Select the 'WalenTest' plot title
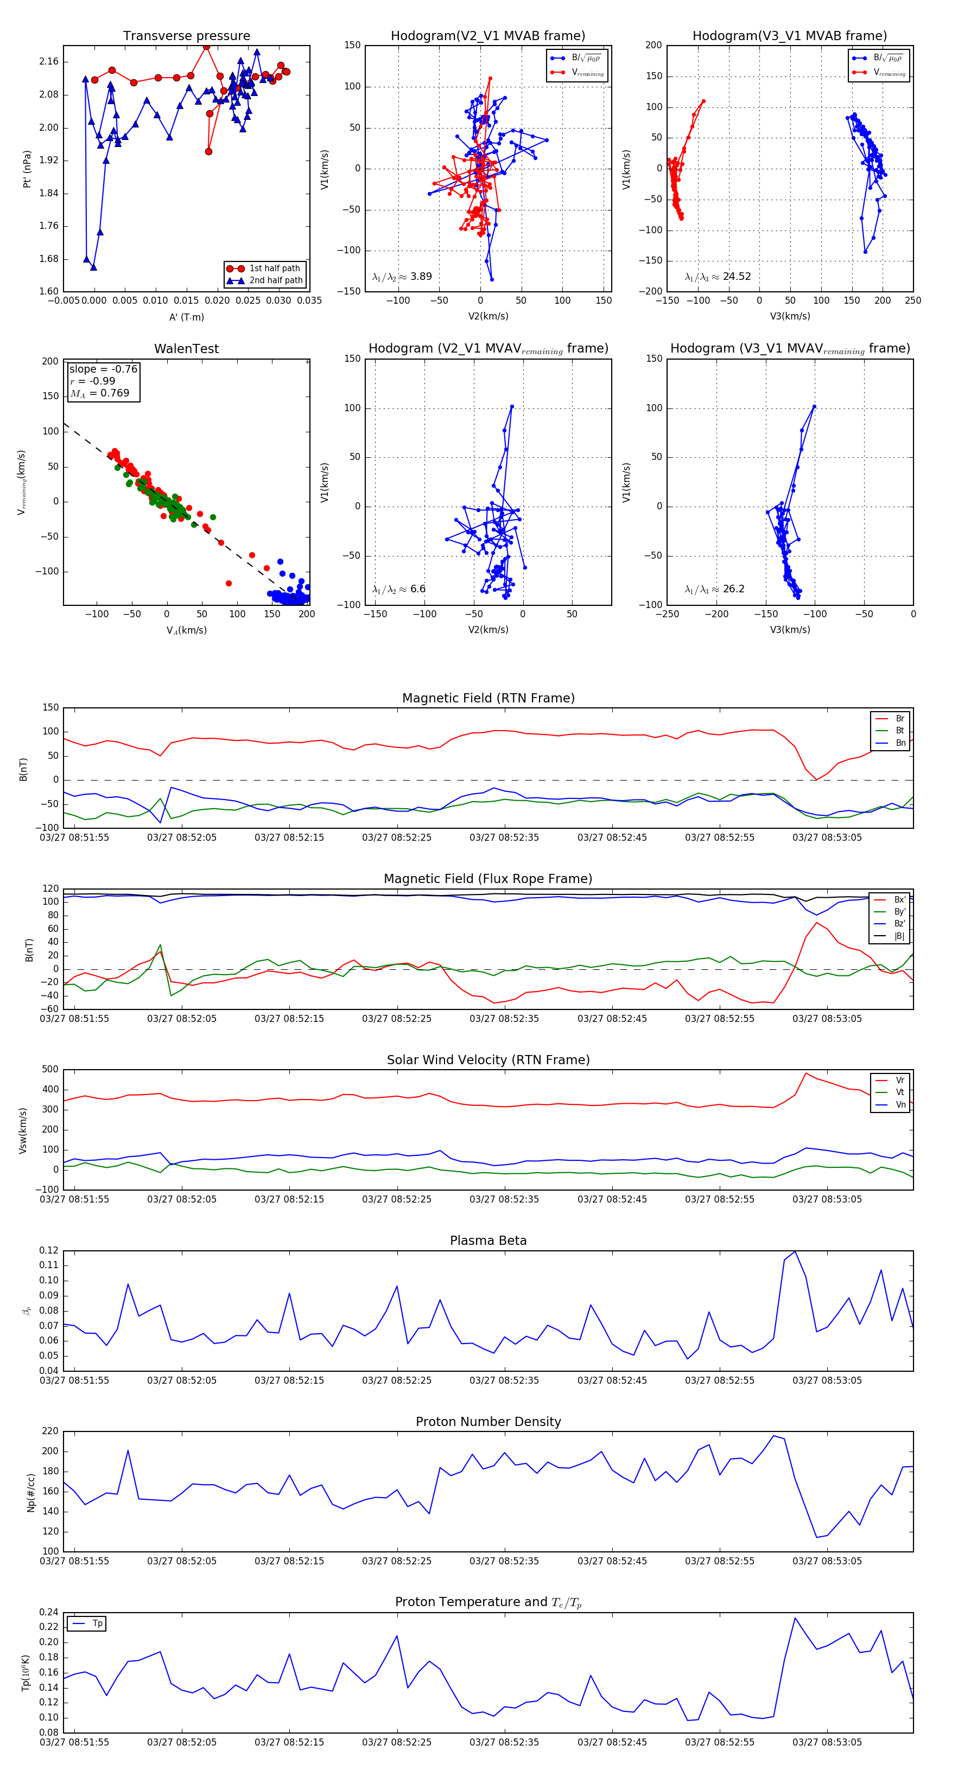point(186,349)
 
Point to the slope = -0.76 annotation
point(103,369)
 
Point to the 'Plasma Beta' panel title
point(488,1241)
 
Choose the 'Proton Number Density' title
point(488,1422)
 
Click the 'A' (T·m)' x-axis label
point(186,317)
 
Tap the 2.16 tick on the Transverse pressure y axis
point(49,62)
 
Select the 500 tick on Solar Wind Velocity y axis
point(50,1070)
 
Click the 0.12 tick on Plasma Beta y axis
point(49,1251)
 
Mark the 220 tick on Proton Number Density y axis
point(50,1431)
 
